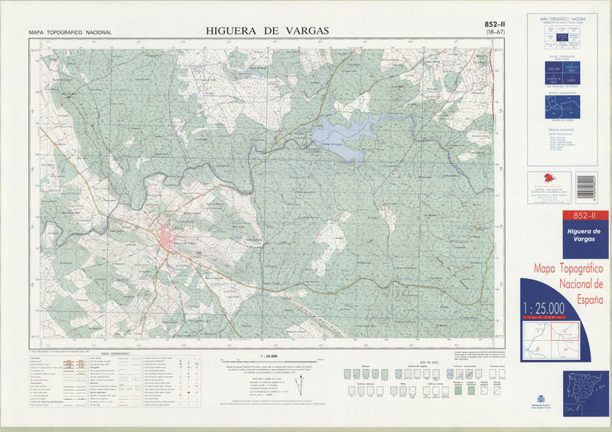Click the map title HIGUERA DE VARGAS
(267, 31)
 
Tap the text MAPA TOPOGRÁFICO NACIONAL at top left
(70, 33)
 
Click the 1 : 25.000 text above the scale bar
(269, 356)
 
